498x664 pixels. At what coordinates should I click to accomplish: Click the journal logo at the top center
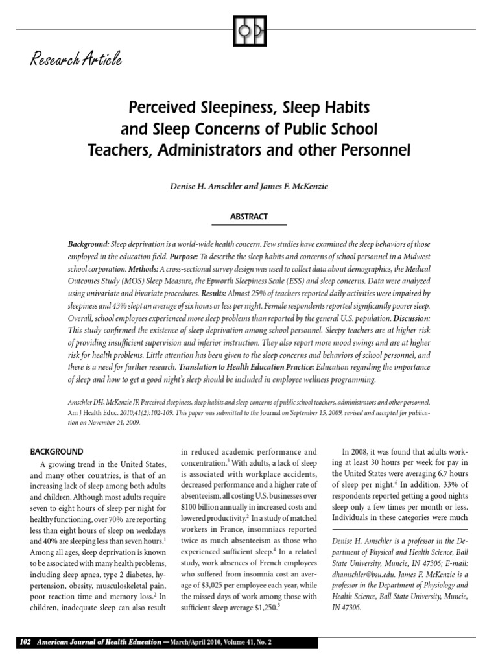coord(248,30)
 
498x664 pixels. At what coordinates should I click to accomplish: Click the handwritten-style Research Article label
coord(75,61)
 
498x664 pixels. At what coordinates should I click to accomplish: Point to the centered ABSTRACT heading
coord(248,217)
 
